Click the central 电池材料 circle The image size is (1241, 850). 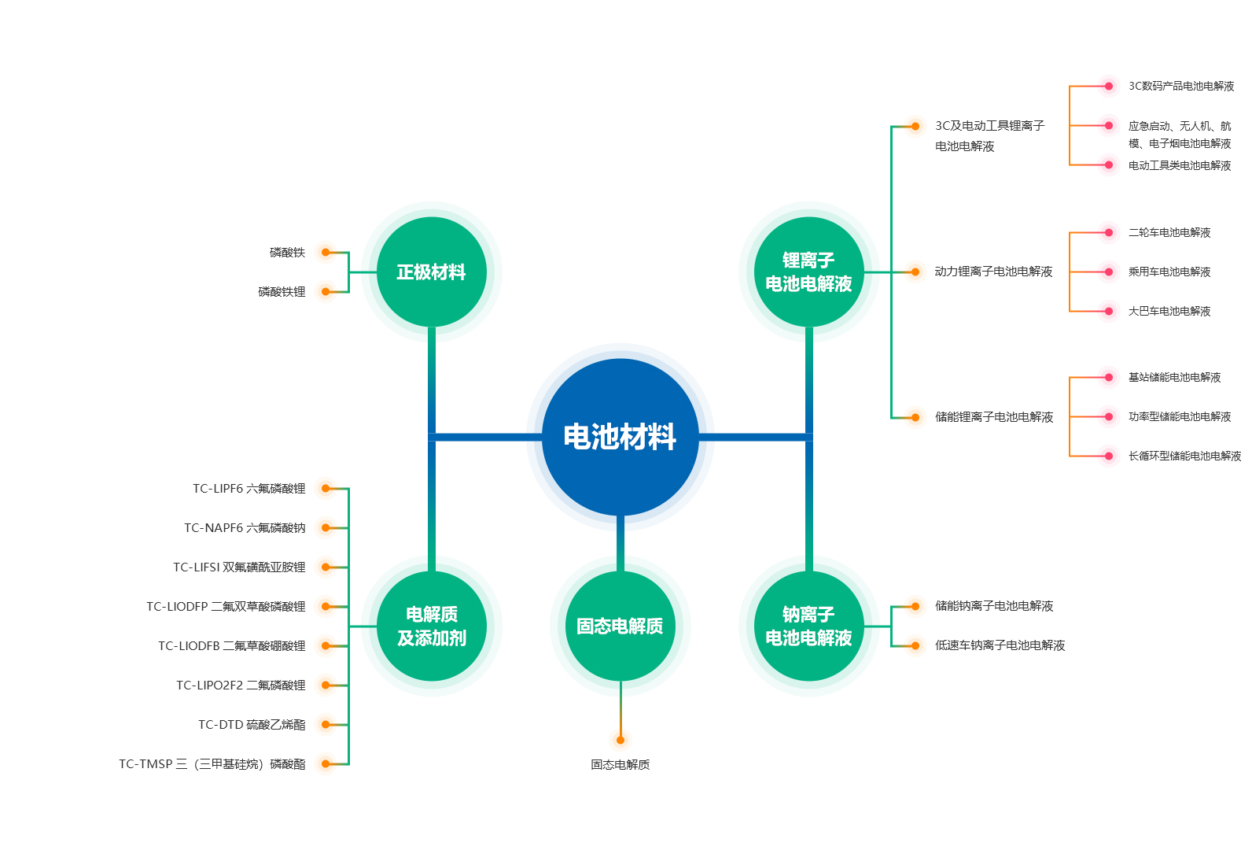[620, 437]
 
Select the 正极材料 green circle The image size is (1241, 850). [431, 272]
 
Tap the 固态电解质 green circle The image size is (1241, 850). [620, 626]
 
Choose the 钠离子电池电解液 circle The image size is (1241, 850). [808, 626]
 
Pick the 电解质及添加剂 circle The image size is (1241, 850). [431, 626]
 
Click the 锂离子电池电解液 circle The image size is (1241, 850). [808, 272]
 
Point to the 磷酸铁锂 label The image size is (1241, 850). [282, 292]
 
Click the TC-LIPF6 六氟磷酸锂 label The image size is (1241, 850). [249, 489]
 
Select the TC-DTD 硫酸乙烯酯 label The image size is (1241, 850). [252, 725]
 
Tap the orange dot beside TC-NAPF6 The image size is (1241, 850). [326, 528]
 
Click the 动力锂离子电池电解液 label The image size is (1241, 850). [993, 272]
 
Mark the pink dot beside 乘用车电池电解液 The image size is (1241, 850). [1109, 272]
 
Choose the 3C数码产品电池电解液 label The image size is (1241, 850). [1181, 86]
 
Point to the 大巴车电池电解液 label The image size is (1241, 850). [1169, 312]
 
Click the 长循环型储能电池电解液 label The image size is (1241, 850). [1184, 456]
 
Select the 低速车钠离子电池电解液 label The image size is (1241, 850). [1000, 645]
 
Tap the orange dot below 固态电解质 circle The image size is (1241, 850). [620, 740]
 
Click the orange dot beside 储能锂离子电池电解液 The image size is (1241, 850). [915, 417]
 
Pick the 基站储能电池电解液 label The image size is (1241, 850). [1174, 378]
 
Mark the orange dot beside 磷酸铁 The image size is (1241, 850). [326, 253]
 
